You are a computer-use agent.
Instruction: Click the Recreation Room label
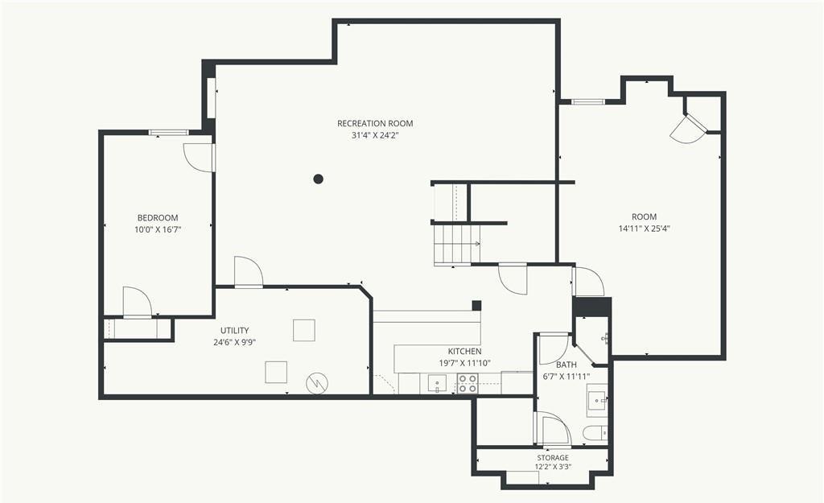(x=375, y=123)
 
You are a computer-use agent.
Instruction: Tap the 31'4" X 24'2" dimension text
(x=375, y=135)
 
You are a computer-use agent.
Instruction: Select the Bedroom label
(x=158, y=217)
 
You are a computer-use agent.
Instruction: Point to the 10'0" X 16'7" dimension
(x=158, y=229)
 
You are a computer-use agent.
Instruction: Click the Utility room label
(x=234, y=331)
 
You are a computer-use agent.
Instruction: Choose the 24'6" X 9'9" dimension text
(x=234, y=342)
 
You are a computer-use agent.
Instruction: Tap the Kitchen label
(x=464, y=351)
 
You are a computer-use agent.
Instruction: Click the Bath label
(x=566, y=365)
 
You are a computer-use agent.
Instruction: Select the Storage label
(x=553, y=458)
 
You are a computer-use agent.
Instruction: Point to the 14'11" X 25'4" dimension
(x=645, y=229)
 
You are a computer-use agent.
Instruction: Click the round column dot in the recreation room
(x=318, y=179)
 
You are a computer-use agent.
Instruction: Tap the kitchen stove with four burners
(x=468, y=384)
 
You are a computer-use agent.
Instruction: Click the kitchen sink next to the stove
(x=437, y=384)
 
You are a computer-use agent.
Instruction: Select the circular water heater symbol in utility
(x=317, y=382)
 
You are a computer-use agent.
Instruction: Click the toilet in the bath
(x=595, y=432)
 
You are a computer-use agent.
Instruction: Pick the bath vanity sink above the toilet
(x=598, y=400)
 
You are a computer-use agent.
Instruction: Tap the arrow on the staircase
(x=476, y=243)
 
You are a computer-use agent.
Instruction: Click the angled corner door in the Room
(x=690, y=128)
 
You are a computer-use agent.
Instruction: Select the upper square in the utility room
(x=303, y=330)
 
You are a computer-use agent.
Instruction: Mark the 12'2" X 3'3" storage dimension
(x=553, y=467)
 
